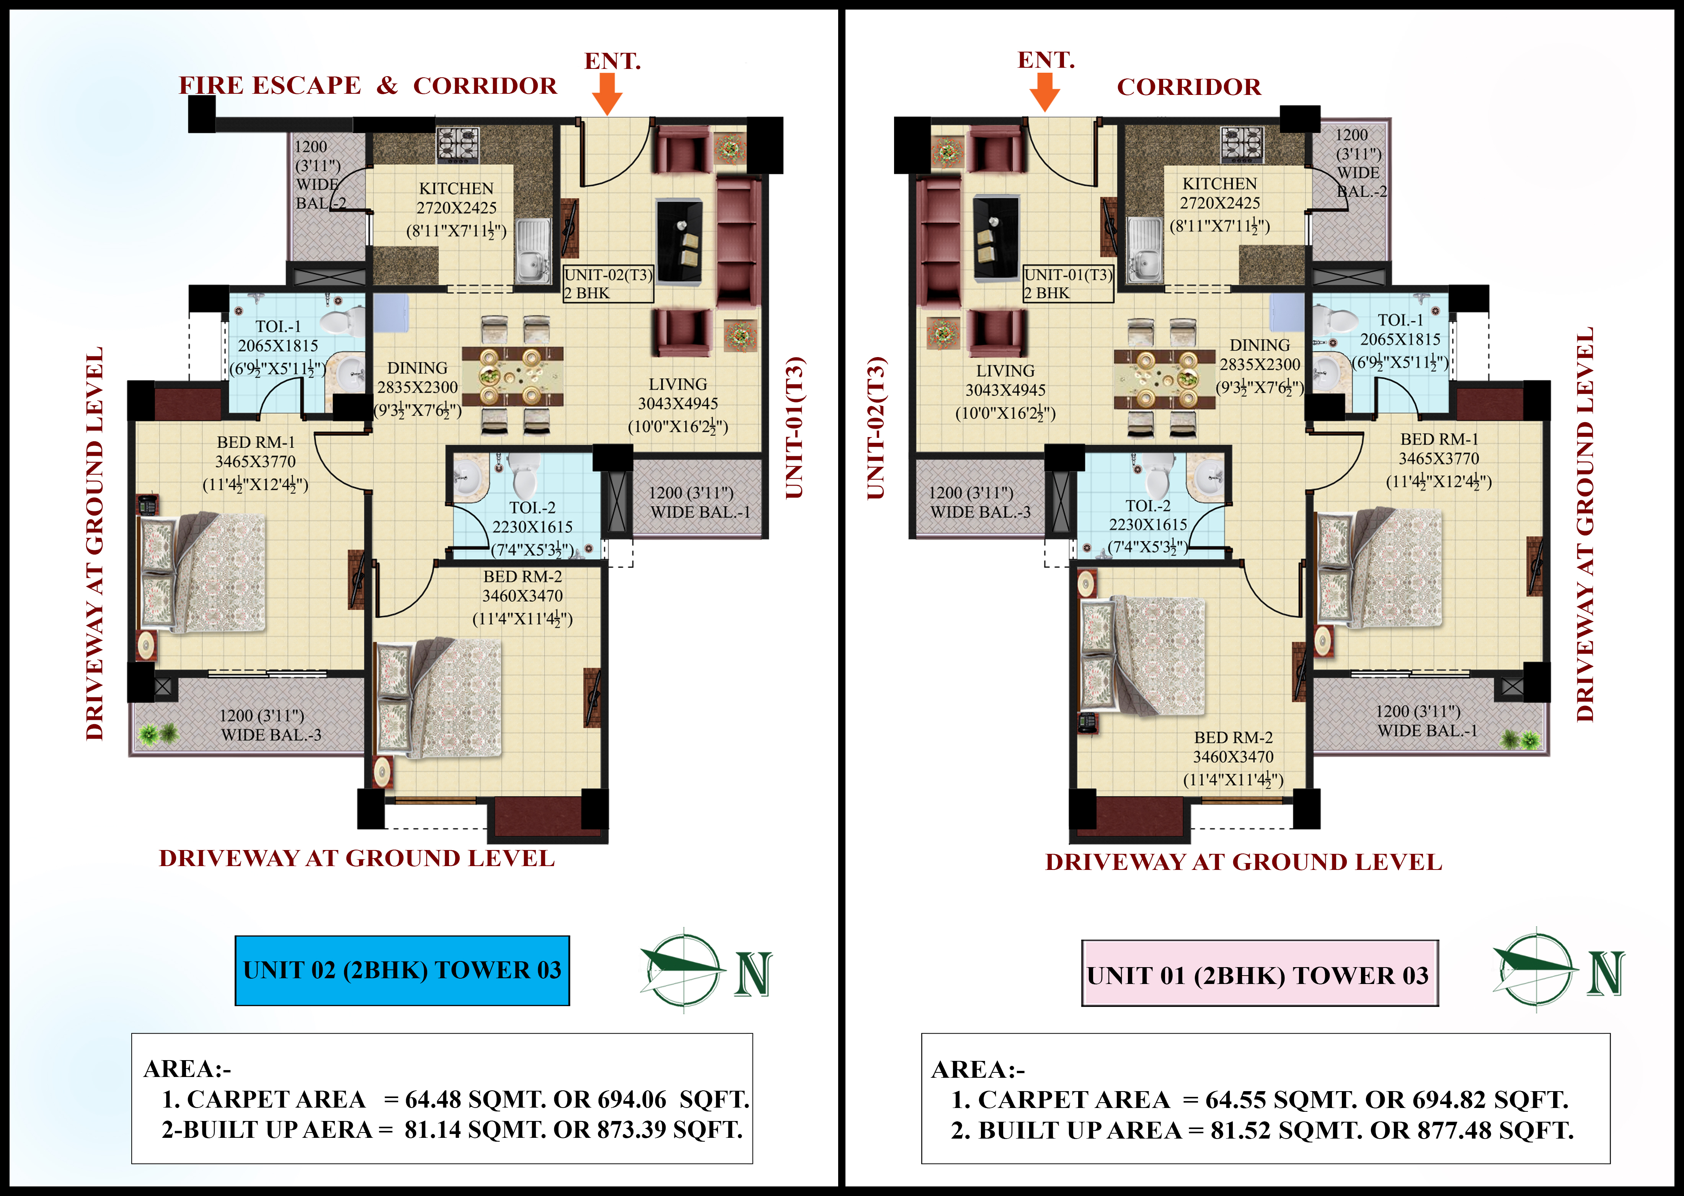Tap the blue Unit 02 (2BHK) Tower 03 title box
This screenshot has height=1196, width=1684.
pos(402,971)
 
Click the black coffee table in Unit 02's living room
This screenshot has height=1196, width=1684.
pos(679,240)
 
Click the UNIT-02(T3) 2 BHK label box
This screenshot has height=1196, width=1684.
pos(608,284)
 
